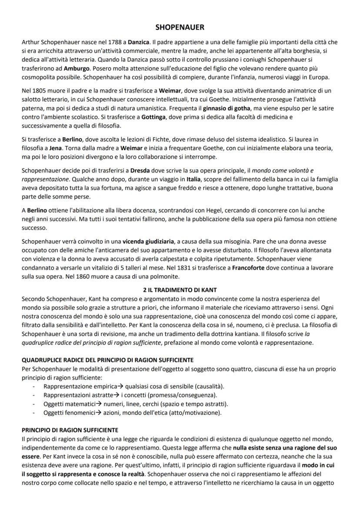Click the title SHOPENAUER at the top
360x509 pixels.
180,27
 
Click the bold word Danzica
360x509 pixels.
138,42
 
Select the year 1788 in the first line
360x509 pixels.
113,42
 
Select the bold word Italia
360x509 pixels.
194,179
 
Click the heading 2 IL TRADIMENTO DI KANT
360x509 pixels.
180,289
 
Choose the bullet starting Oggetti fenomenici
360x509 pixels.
70,413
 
